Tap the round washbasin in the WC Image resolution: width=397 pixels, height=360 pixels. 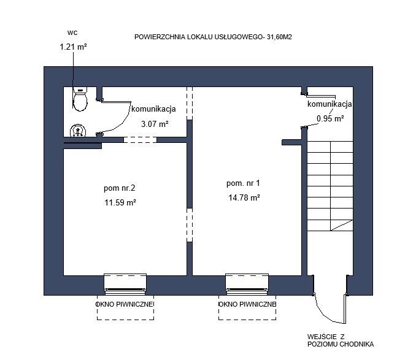tap(78, 131)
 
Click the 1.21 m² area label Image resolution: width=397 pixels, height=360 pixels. tap(74, 47)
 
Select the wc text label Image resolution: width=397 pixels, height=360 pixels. tap(72, 33)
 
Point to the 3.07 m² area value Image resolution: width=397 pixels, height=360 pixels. tap(155, 124)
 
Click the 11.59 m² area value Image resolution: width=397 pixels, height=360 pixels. tap(120, 202)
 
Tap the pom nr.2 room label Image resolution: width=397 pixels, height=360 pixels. tap(119, 188)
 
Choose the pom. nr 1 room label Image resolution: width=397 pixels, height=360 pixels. tap(243, 183)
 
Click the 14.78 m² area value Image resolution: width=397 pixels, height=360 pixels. tap(244, 197)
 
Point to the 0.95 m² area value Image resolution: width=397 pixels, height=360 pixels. tap(330, 118)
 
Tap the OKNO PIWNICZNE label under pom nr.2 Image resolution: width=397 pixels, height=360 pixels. tap(125, 304)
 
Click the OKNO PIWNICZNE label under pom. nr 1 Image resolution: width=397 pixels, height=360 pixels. tap(247, 304)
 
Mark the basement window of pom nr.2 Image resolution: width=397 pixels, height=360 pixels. tap(125, 285)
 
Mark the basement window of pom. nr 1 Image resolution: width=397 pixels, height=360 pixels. tap(247, 285)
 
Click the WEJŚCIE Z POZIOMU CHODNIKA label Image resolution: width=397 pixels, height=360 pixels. tap(341, 340)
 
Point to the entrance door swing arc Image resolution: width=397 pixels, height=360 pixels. tap(323, 315)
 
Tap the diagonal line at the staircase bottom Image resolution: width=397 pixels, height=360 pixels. tap(342, 225)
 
